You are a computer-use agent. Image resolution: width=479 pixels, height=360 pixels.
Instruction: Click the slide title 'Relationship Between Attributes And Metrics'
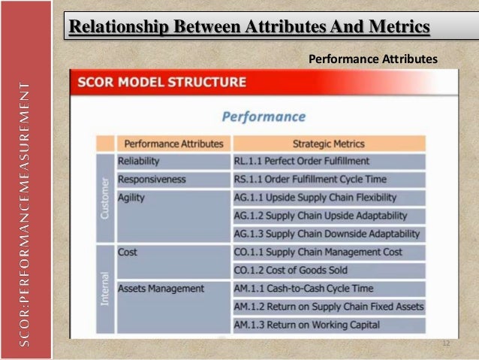(249, 28)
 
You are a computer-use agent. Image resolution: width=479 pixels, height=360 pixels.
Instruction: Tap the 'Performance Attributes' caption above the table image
(372, 58)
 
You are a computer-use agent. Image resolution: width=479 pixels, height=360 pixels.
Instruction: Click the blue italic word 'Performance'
(264, 116)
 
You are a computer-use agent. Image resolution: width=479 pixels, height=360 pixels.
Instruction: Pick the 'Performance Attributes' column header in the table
(173, 144)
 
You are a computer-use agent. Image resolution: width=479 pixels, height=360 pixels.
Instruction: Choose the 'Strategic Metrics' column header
(329, 144)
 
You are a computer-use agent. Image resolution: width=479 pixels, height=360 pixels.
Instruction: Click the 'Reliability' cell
(139, 161)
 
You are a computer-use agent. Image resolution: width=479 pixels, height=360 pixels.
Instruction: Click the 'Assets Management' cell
(161, 288)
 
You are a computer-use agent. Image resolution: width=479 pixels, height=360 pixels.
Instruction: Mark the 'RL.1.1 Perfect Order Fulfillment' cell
(302, 161)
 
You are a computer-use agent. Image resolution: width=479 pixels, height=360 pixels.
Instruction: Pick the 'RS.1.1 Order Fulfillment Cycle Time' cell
(311, 179)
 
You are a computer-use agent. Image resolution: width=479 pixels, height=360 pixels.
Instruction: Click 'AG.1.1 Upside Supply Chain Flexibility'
(315, 198)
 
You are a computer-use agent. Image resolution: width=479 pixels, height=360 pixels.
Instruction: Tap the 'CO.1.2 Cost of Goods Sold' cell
(291, 270)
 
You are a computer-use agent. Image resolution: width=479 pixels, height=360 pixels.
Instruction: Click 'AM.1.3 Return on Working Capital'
(307, 325)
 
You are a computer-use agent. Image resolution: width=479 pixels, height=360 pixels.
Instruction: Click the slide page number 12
(445, 343)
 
